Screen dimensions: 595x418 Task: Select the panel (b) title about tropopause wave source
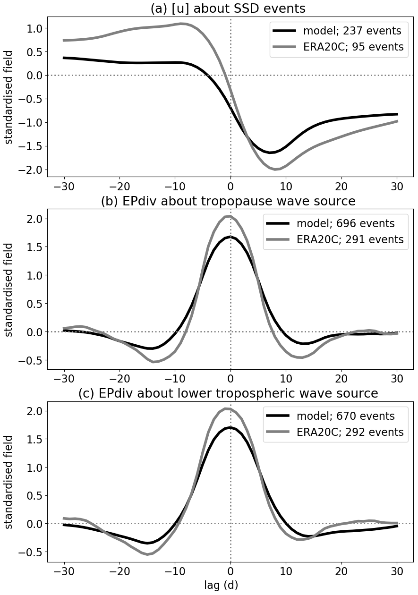tap(228, 202)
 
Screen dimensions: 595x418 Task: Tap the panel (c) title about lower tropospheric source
tap(228, 394)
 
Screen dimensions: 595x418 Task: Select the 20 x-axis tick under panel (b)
tap(341, 379)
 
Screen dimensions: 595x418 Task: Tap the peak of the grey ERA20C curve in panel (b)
tap(230, 216)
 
